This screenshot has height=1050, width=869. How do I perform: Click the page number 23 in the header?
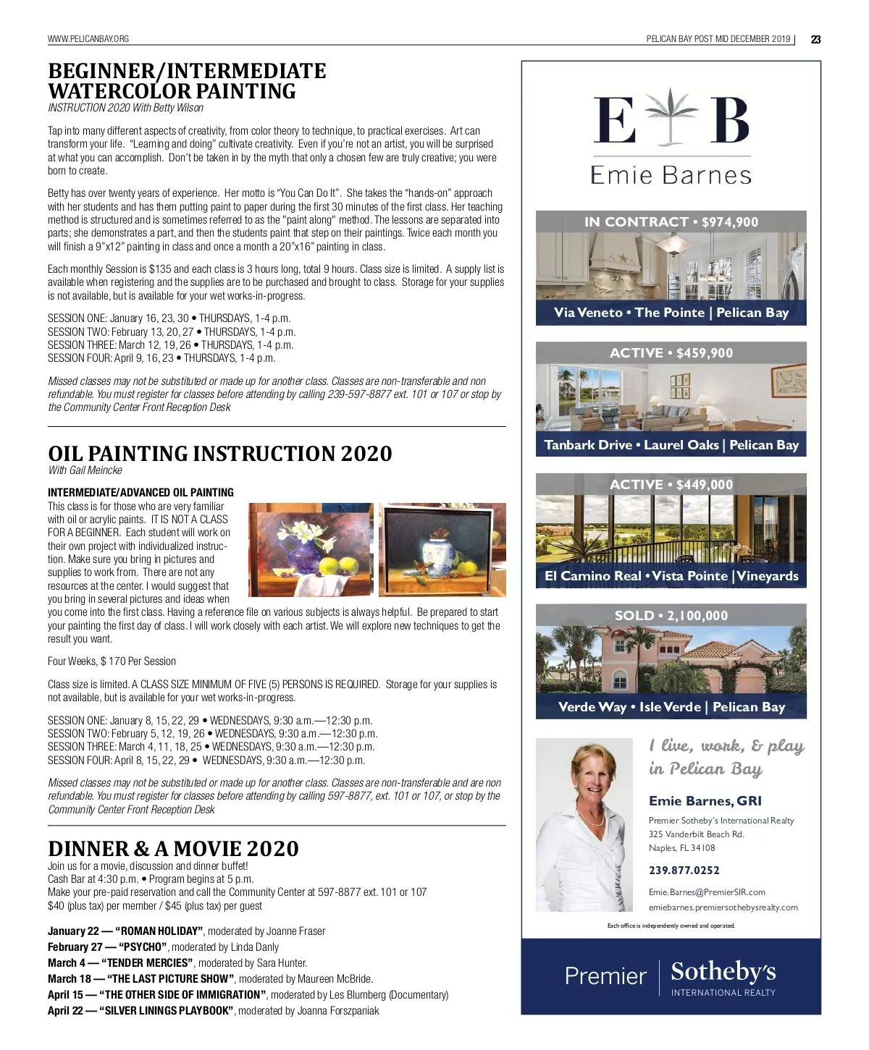pyautogui.click(x=815, y=39)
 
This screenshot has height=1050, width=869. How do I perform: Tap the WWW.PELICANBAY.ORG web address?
pyautogui.click(x=88, y=39)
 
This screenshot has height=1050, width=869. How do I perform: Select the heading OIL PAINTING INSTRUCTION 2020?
pyautogui.click(x=219, y=454)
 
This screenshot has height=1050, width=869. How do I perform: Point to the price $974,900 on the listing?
pyautogui.click(x=730, y=222)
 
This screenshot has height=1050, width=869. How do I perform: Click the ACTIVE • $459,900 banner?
pyautogui.click(x=671, y=353)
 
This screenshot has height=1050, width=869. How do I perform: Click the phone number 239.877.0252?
pyautogui.click(x=684, y=870)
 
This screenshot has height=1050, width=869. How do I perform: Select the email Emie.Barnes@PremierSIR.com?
pyautogui.click(x=707, y=892)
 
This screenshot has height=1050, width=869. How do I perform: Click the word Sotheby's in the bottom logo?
pyautogui.click(x=723, y=971)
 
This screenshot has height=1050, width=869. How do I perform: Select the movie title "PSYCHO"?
pyautogui.click(x=143, y=947)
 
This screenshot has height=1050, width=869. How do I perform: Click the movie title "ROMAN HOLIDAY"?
pyautogui.click(x=159, y=931)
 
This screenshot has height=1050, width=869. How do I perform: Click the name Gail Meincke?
pyautogui.click(x=96, y=470)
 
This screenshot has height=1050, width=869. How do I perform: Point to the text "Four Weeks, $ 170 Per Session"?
pyautogui.click(x=112, y=661)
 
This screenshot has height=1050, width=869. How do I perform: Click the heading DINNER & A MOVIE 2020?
pyautogui.click(x=173, y=848)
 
